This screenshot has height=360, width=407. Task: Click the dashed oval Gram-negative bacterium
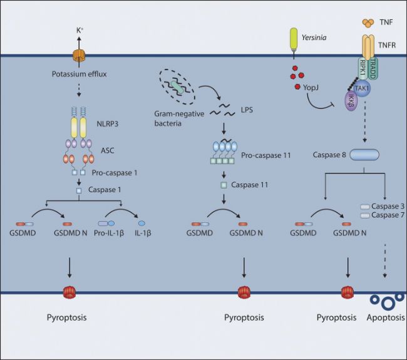180,89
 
